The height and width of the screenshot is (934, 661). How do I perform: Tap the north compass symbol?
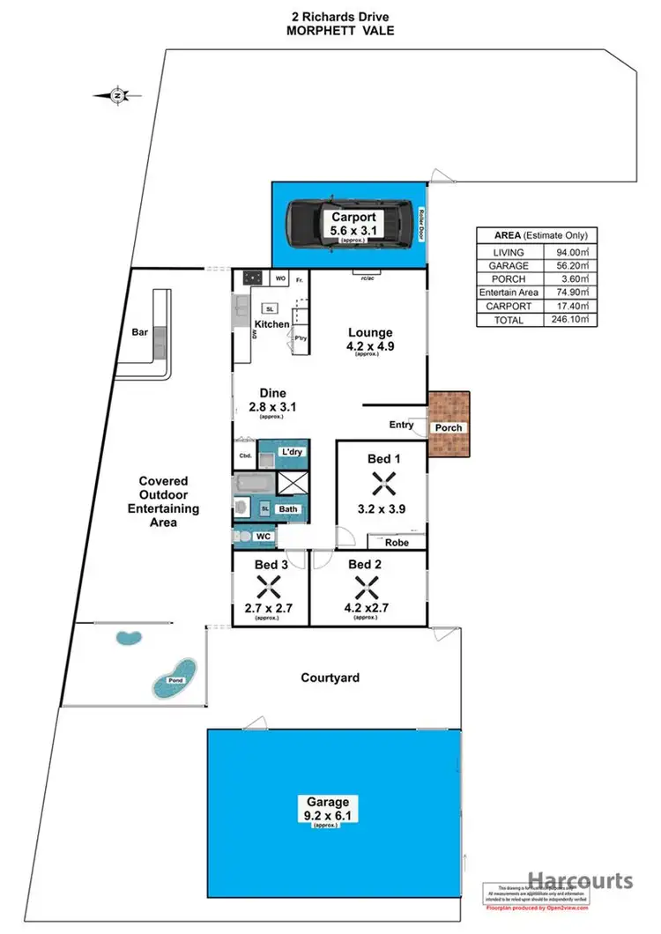(119, 95)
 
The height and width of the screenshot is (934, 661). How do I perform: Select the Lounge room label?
(370, 332)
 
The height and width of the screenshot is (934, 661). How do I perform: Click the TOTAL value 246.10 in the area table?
(567, 320)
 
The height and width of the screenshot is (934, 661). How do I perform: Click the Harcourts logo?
(580, 880)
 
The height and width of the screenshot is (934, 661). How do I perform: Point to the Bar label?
(138, 333)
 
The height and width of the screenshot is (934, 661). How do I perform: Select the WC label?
(263, 536)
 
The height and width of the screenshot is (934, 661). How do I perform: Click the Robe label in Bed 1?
(397, 543)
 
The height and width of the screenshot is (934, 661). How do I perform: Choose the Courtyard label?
(330, 678)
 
